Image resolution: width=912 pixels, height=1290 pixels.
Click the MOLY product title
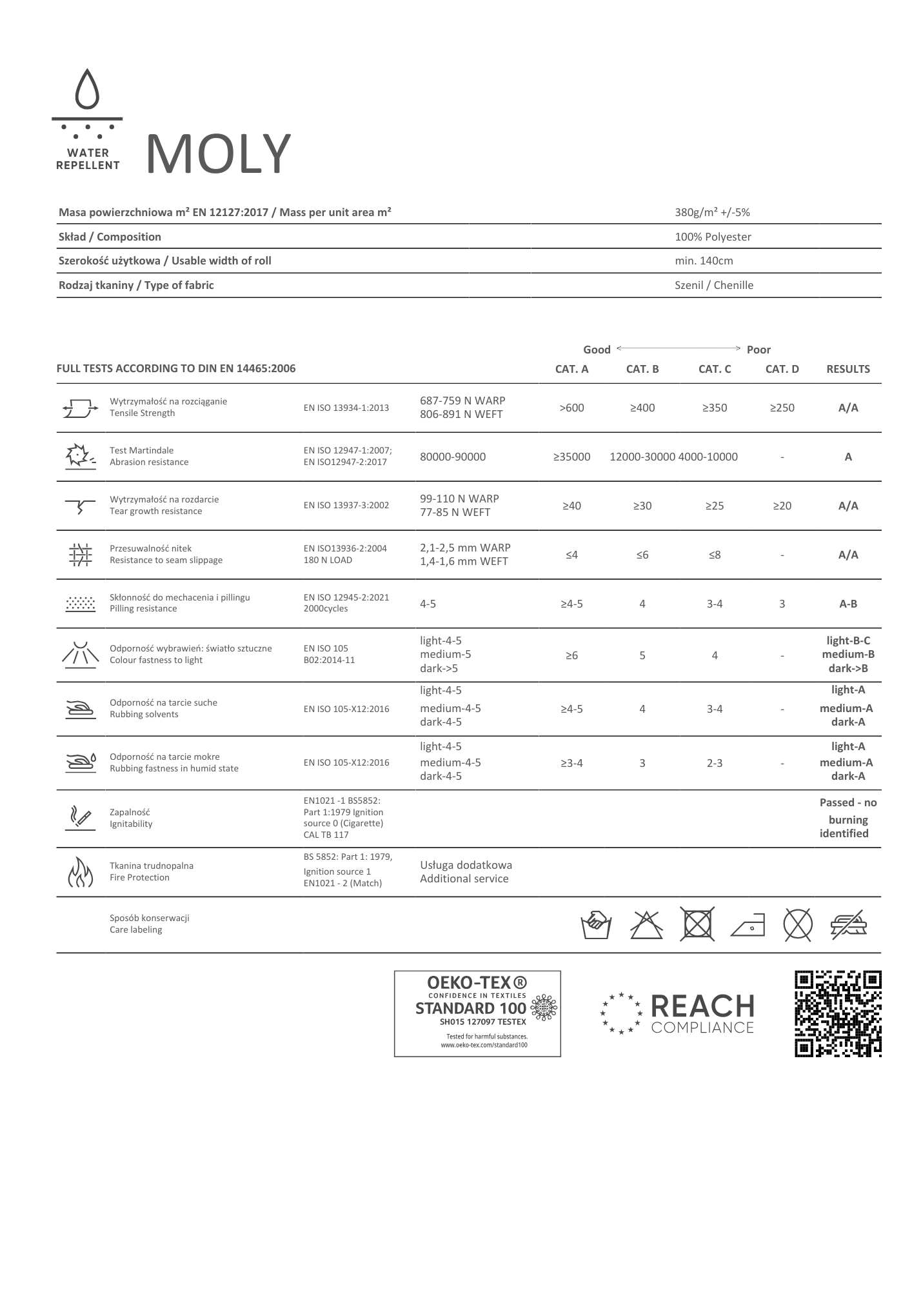(219, 154)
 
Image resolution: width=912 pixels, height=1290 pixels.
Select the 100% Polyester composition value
(713, 237)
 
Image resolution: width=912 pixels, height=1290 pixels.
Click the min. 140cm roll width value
(704, 261)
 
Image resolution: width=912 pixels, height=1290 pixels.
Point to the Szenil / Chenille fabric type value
(713, 285)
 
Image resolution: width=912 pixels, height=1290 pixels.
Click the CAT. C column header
(715, 369)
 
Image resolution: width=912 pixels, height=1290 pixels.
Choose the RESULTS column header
(848, 369)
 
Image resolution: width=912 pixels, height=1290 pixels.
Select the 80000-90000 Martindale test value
(453, 457)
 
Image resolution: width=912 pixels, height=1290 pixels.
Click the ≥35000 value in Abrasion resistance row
(571, 457)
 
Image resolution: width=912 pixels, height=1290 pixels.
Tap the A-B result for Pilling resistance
(848, 604)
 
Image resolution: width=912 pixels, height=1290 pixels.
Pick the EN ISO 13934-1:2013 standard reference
(346, 408)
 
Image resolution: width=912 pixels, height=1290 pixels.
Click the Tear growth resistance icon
(80, 506)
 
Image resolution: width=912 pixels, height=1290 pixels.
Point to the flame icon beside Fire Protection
(81, 872)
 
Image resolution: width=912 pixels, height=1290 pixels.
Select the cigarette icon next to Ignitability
(81, 818)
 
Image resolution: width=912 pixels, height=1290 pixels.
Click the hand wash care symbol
(596, 926)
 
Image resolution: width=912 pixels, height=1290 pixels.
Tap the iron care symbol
(748, 926)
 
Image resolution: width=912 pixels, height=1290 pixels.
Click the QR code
(838, 1013)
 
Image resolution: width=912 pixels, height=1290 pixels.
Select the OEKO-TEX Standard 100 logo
(477, 1013)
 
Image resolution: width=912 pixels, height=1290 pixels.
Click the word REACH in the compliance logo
(702, 1006)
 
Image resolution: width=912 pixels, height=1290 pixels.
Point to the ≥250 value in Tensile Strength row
(782, 408)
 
